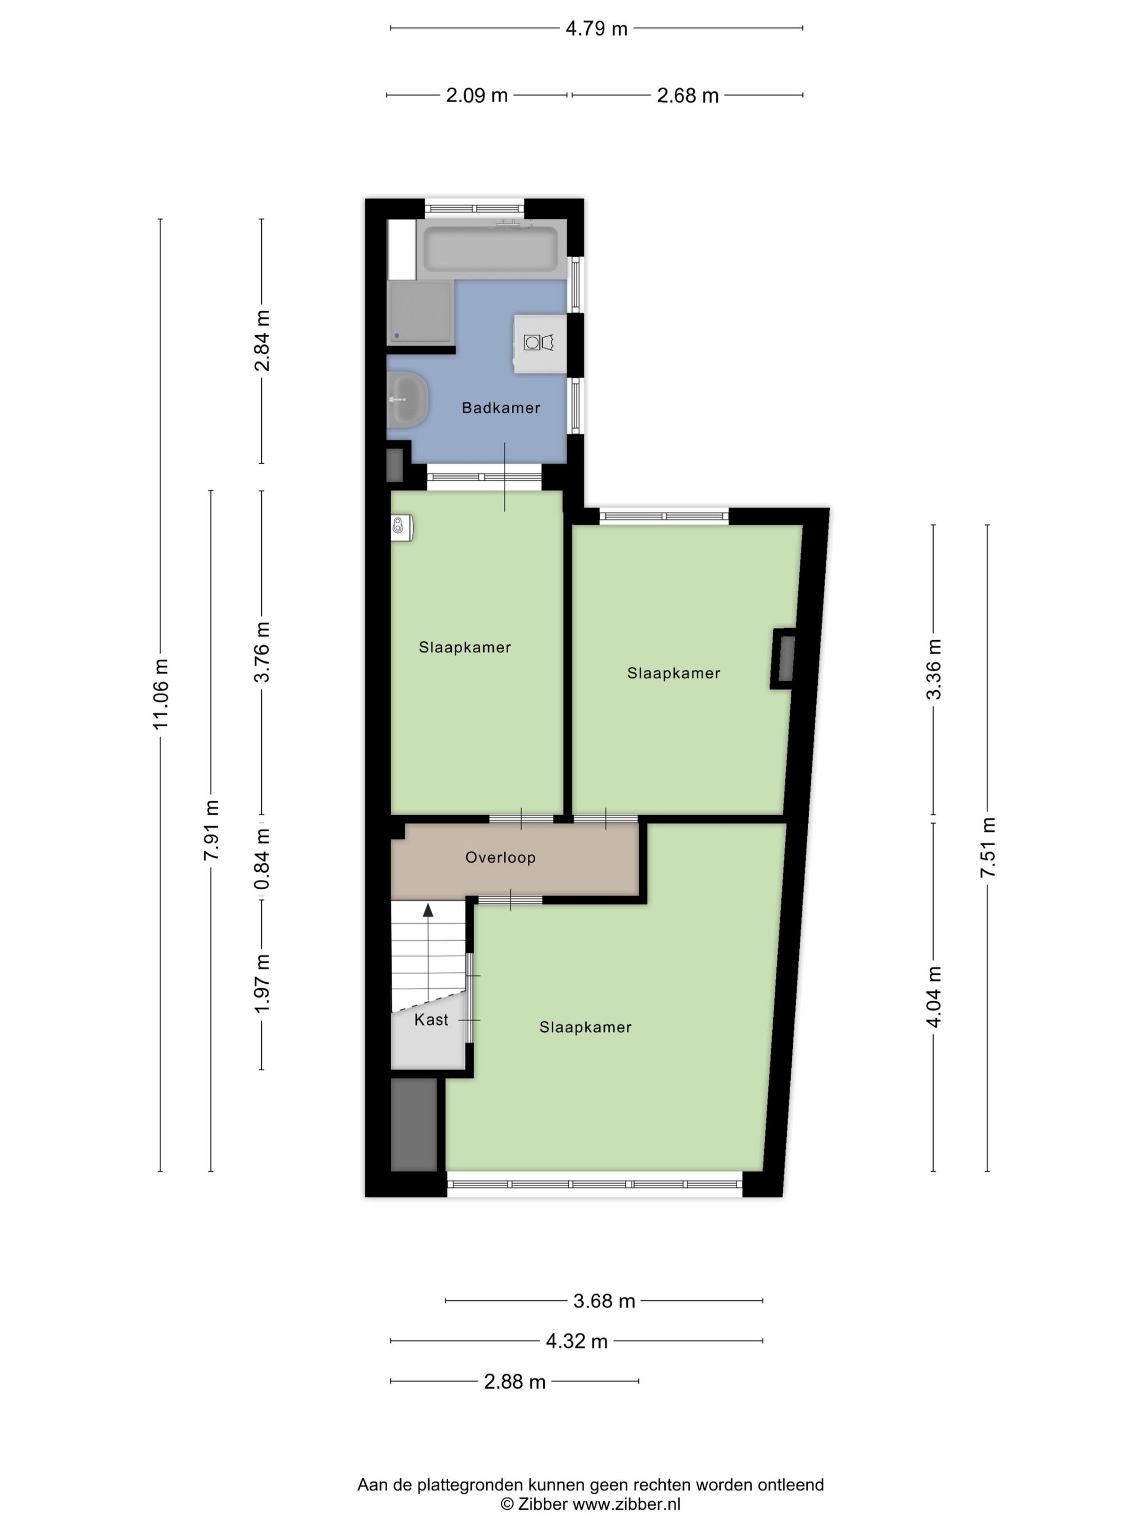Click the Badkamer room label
[501, 407]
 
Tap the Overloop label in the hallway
[500, 857]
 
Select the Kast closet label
[431, 1019]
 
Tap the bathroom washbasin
[407, 399]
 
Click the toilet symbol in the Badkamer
[540, 342]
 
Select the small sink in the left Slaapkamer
[401, 527]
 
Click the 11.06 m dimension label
[160, 694]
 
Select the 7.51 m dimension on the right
[987, 847]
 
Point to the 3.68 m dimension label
[604, 1301]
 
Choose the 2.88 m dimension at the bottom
[515, 1381]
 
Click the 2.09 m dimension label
[476, 96]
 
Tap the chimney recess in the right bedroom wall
[784, 658]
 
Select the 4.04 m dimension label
[934, 997]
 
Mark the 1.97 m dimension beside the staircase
[261, 983]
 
